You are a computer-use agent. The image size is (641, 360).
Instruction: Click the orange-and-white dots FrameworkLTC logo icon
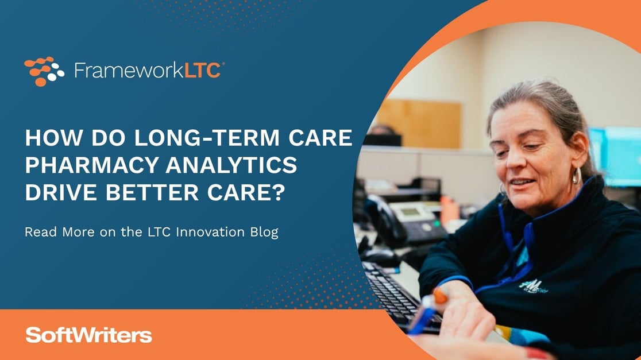point(44,71)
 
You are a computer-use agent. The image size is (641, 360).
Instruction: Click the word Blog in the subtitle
point(263,233)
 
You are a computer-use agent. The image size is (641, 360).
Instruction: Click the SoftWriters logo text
point(88,335)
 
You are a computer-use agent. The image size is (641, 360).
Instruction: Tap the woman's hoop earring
point(576,175)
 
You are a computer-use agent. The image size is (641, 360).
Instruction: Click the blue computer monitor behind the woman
point(620,155)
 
